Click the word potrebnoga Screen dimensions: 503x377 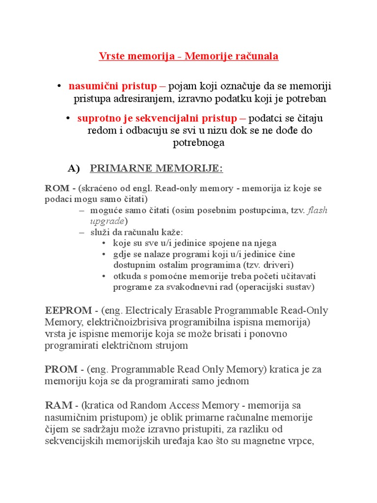[x=199, y=143]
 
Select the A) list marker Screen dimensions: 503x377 [x=74, y=168]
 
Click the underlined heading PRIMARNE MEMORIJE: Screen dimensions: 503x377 [x=157, y=168]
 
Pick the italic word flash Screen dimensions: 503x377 [x=318, y=211]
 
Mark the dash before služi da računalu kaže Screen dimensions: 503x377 [x=81, y=232]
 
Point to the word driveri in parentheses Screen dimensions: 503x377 [x=277, y=265]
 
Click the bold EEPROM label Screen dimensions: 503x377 [x=68, y=310]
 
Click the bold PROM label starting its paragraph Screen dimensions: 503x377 [x=61, y=369]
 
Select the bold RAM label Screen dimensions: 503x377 [x=59, y=405]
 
